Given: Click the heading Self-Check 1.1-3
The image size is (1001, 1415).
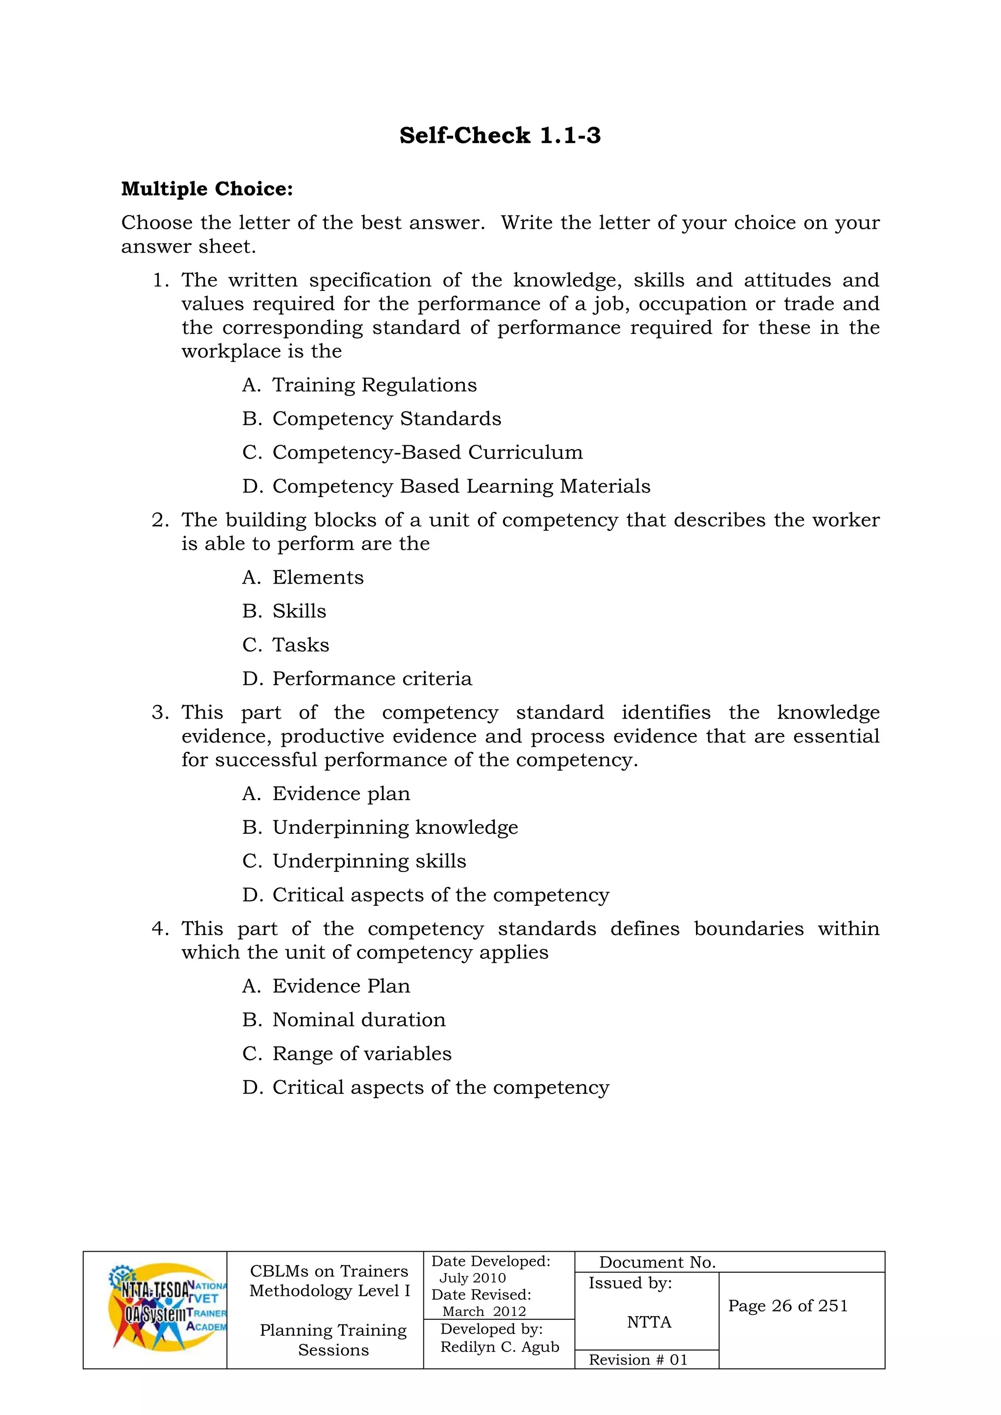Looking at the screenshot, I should pyautogui.click(x=500, y=135).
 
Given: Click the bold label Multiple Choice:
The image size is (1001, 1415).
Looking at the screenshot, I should pyautogui.click(x=207, y=189).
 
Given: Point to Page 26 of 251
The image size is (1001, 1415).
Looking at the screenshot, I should pyautogui.click(x=788, y=1306).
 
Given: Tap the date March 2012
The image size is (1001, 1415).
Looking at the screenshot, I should pyautogui.click(x=484, y=1311).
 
